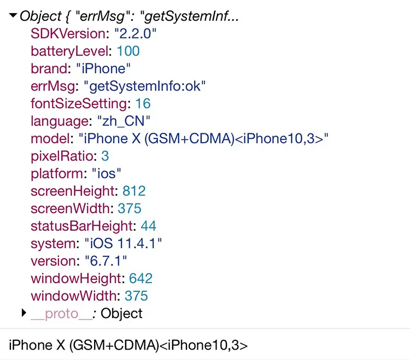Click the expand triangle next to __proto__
[24, 313]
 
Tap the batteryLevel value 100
[128, 51]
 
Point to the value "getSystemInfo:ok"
[145, 86]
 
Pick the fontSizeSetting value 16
[143, 104]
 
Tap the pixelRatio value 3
[105, 156]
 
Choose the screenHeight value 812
[134, 191]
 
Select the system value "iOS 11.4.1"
[123, 244]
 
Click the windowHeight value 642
[140, 279]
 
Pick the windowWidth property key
[74, 296]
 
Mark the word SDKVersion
[67, 34]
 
